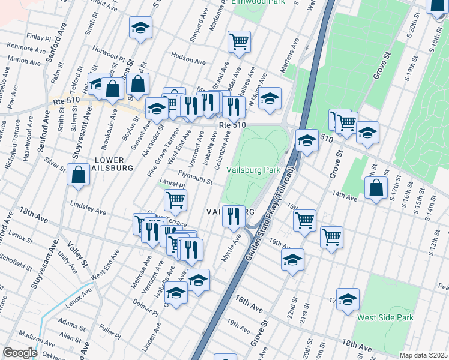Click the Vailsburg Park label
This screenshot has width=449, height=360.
(x=253, y=170)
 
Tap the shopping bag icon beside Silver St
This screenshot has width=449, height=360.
(x=79, y=175)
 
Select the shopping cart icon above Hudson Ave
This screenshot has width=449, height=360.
(x=239, y=41)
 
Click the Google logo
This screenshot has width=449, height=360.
(x=20, y=353)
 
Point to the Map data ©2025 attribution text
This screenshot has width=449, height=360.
(x=424, y=355)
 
